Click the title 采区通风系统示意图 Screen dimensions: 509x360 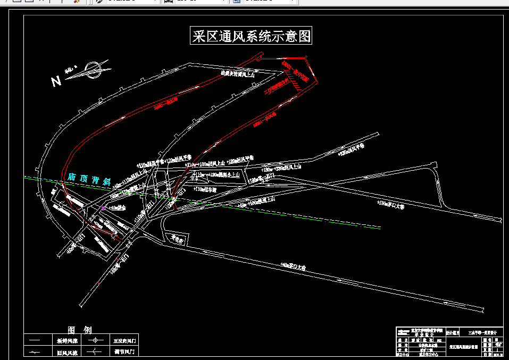pos(251,36)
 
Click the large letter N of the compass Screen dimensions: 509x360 pos(56,81)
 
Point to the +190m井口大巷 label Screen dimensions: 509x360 pos(390,204)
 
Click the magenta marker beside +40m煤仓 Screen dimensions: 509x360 pos(103,208)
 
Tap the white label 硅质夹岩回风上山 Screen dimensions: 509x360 pos(238,75)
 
